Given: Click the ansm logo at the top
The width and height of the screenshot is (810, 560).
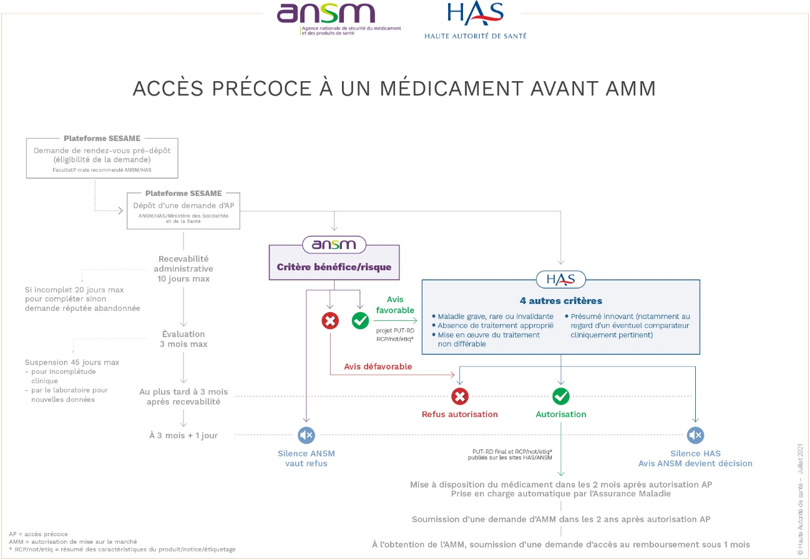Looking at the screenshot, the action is coord(339,19).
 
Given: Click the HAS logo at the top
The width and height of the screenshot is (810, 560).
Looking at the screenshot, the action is coord(476,20).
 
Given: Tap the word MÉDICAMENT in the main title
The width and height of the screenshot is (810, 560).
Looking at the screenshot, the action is coord(451,88).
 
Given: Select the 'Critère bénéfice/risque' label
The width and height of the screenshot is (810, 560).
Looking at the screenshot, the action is coord(334,267).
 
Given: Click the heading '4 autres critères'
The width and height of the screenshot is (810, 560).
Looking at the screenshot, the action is coord(561,301).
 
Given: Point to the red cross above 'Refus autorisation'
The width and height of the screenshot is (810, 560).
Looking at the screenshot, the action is coord(459,396).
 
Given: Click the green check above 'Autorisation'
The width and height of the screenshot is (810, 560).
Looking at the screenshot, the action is coord(561,396).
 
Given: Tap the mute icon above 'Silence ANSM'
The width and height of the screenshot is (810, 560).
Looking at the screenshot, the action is coord(306,435).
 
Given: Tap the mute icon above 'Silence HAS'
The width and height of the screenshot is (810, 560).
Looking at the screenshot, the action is coord(695,435).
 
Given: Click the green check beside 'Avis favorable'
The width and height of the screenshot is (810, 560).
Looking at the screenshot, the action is coord(360,320).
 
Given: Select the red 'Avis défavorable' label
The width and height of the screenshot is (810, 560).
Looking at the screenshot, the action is coord(378,366).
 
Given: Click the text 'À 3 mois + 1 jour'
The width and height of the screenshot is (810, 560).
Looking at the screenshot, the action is coord(183,435).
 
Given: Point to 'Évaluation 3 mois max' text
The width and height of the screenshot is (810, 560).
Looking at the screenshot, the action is coord(183,339).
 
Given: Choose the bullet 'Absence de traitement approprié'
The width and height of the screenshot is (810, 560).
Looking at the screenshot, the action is coord(495,326).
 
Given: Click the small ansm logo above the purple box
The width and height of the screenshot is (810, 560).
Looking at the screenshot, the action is coord(334,245).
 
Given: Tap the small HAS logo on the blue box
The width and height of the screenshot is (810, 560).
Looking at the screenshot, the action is coord(560,279).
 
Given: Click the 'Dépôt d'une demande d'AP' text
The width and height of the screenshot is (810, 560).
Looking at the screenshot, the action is coord(183,205).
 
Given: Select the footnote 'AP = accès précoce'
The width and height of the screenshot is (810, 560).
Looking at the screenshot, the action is coord(38,534).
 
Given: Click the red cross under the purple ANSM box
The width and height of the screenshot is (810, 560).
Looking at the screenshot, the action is coord(330,320).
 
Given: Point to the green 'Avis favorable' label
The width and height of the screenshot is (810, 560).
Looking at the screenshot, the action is coord(395,305).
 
